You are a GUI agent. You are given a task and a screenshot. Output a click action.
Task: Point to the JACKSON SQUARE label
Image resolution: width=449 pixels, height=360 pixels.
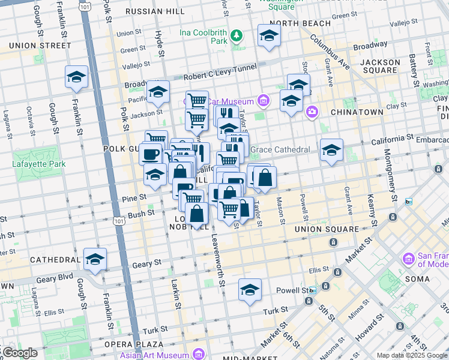point(379,66)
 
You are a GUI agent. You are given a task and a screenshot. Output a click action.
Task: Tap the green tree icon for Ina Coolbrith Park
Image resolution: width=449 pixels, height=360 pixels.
point(237,37)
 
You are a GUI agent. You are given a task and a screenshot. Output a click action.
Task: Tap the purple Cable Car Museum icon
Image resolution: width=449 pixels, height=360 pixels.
point(263,100)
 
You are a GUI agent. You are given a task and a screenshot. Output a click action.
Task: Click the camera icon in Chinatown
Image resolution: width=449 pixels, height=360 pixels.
point(312,111)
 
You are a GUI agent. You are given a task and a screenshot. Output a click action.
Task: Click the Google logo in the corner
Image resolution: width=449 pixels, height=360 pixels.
point(19,353)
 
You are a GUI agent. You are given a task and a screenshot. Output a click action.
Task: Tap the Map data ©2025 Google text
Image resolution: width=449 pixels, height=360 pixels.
point(412,355)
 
